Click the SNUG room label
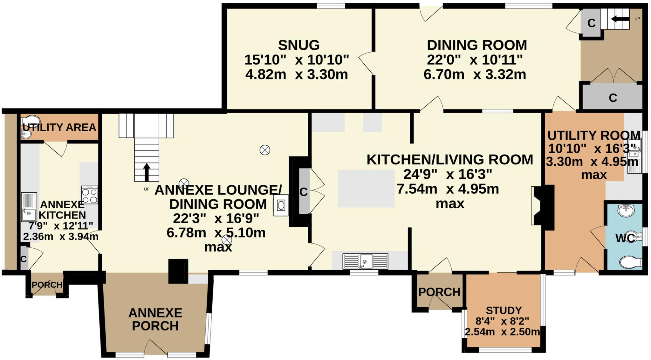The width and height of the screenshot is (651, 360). point(298,45)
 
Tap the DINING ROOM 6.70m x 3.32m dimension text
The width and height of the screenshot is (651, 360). point(475,74)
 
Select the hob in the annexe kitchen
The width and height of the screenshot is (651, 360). point(89,195)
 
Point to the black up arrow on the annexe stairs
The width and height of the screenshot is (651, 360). point(147,172)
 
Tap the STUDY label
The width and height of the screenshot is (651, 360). point(504,310)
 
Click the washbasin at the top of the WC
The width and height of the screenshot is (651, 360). point(626,210)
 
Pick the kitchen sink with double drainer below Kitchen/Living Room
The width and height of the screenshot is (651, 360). point(365,261)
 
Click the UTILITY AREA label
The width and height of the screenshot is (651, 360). point(59,127)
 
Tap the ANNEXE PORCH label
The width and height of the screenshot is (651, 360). point(155,319)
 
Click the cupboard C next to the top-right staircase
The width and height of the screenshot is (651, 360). point(591,23)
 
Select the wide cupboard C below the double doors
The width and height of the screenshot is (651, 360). point(613,98)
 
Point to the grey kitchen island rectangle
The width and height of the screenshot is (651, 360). point(366,188)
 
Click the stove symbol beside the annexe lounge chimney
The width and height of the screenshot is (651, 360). point(281,205)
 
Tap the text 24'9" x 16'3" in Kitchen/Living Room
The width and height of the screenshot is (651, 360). point(448,174)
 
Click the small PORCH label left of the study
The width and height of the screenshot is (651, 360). point(439,292)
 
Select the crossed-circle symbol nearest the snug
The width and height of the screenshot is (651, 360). point(265,150)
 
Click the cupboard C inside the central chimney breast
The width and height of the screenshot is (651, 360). point(304,192)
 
